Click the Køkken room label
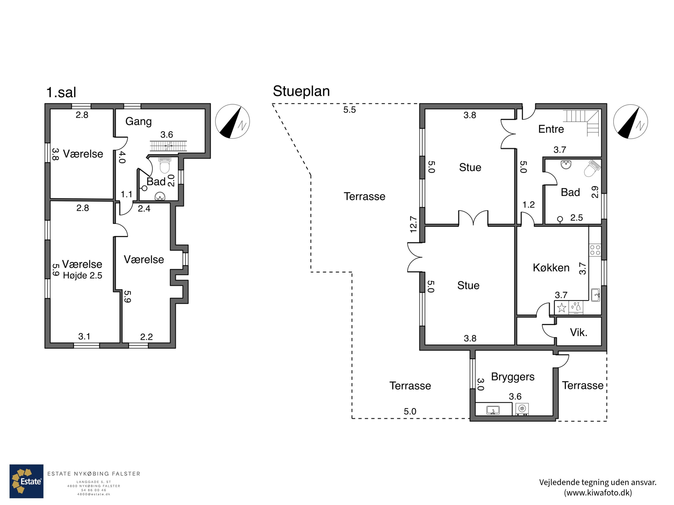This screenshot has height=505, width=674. tap(551, 268)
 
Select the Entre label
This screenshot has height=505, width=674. tap(551, 129)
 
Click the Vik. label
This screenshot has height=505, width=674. tap(579, 332)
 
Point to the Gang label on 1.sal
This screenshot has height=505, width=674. tap(138, 121)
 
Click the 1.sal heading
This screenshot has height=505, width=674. tap(61, 92)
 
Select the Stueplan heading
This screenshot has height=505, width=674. tap(301, 91)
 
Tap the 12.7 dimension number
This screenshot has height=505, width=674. tap(413, 224)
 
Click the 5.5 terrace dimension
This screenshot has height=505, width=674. tap(350, 110)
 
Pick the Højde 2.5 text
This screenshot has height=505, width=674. tap(83, 275)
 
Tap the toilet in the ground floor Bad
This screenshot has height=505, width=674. tap(592, 168)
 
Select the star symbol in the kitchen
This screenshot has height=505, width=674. tap(562, 308)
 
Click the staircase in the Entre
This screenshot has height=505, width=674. tap(581, 123)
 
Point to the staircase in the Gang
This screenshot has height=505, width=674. tap(168, 146)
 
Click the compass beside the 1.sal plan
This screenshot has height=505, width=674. tap(233, 121)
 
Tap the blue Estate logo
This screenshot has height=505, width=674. tap(27, 481)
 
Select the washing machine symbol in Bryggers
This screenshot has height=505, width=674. tap(522, 409)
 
